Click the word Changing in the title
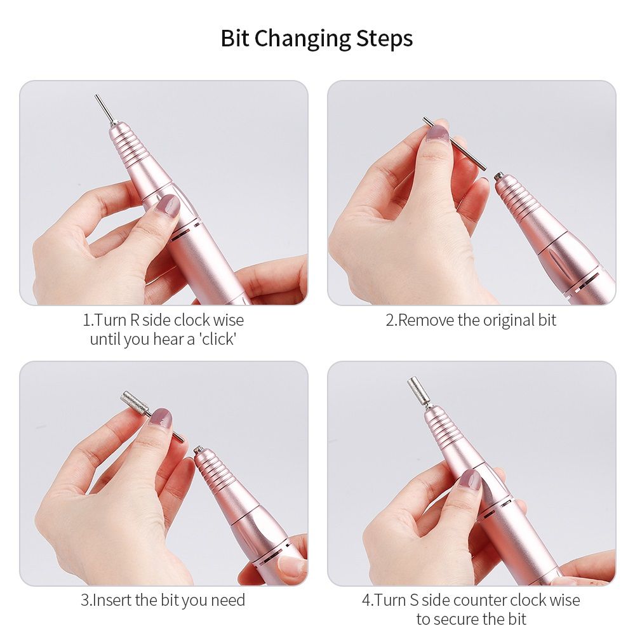tap(302, 39)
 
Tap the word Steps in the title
tap(384, 39)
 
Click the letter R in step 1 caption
tap(135, 320)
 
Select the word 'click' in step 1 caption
tap(218, 339)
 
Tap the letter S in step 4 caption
tap(413, 600)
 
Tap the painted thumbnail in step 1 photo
tap(168, 205)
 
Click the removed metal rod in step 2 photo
tap(455, 144)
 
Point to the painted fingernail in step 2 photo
tap(437, 133)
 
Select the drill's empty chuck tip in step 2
tap(498, 176)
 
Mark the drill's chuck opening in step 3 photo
tap(198, 450)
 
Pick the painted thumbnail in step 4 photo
tap(470, 480)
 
